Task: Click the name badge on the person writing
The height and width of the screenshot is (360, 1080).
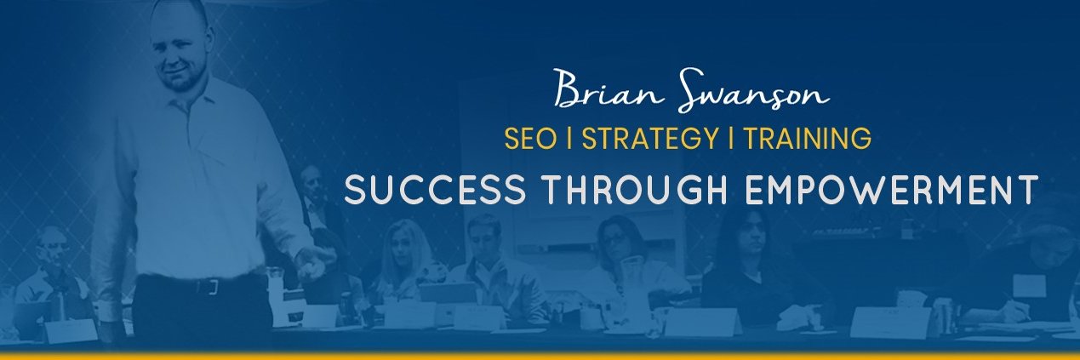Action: pyautogui.click(x=1028, y=284)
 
